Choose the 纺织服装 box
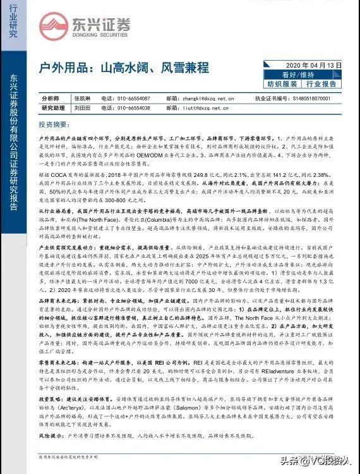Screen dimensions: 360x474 coord(281,83)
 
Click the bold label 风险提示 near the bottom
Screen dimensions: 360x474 coord(53,436)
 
